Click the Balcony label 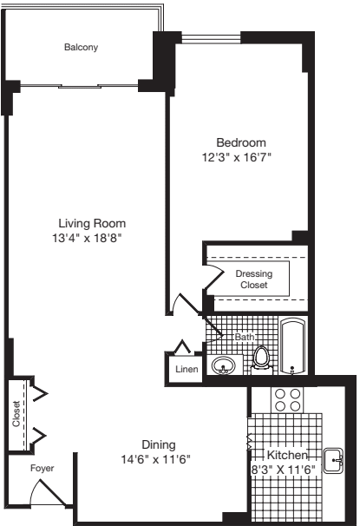point(82,48)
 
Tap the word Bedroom point(240,142)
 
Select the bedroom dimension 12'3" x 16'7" point(240,158)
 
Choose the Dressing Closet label point(253,279)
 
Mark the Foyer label point(42,466)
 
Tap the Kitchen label point(287,456)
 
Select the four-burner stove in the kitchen point(288,398)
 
